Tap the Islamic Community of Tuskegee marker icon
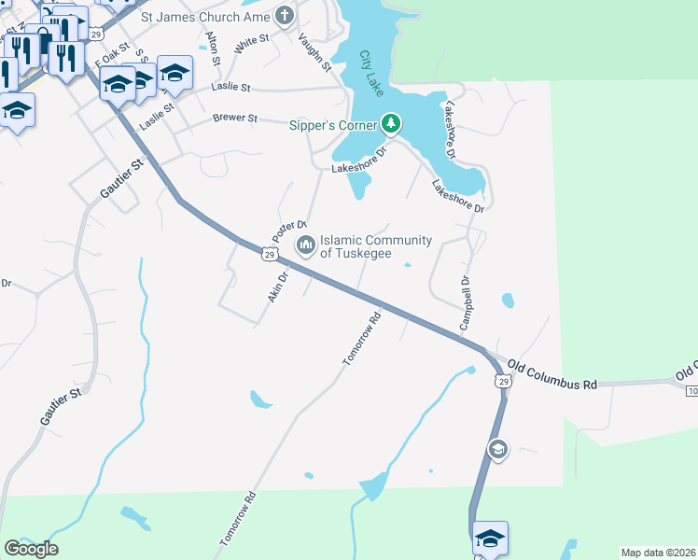click(305, 246)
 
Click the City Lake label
click(371, 74)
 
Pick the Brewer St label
click(234, 119)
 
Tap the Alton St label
click(213, 48)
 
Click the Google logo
click(31, 549)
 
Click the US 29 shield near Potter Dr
click(270, 254)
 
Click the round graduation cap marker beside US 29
click(498, 451)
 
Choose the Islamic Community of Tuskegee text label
click(376, 246)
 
